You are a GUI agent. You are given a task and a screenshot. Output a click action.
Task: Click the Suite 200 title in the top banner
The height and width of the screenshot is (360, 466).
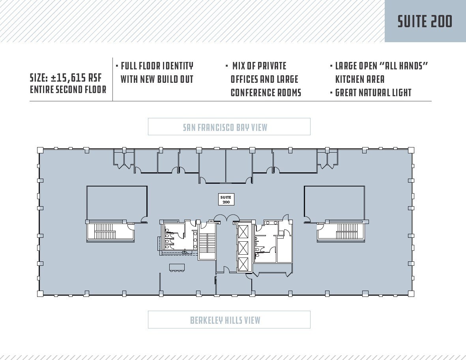[425, 22]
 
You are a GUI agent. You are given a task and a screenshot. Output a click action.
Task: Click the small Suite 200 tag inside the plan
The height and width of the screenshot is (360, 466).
[226, 200]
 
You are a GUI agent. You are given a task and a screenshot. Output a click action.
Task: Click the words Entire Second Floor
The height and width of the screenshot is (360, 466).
[68, 90]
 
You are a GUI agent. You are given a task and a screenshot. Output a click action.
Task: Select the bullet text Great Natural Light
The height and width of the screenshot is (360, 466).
[373, 93]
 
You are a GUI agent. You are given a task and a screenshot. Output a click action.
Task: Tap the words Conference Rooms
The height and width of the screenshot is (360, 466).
[266, 93]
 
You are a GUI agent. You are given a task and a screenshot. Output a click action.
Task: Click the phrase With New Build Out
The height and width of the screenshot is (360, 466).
[157, 79]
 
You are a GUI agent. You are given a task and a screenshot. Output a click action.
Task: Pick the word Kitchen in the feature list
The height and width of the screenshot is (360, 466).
[350, 79]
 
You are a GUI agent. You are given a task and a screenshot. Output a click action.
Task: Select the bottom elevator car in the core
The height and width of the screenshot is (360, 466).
[243, 264]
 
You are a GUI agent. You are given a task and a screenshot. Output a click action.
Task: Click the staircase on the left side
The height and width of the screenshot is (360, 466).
[105, 231]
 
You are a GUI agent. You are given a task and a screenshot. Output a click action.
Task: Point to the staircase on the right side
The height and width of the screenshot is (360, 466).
[347, 231]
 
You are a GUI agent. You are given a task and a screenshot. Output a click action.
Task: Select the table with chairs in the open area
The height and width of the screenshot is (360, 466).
[176, 267]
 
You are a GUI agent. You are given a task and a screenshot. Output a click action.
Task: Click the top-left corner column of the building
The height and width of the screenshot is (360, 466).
[40, 150]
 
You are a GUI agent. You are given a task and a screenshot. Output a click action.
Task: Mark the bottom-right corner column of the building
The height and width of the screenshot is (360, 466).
[411, 293]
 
